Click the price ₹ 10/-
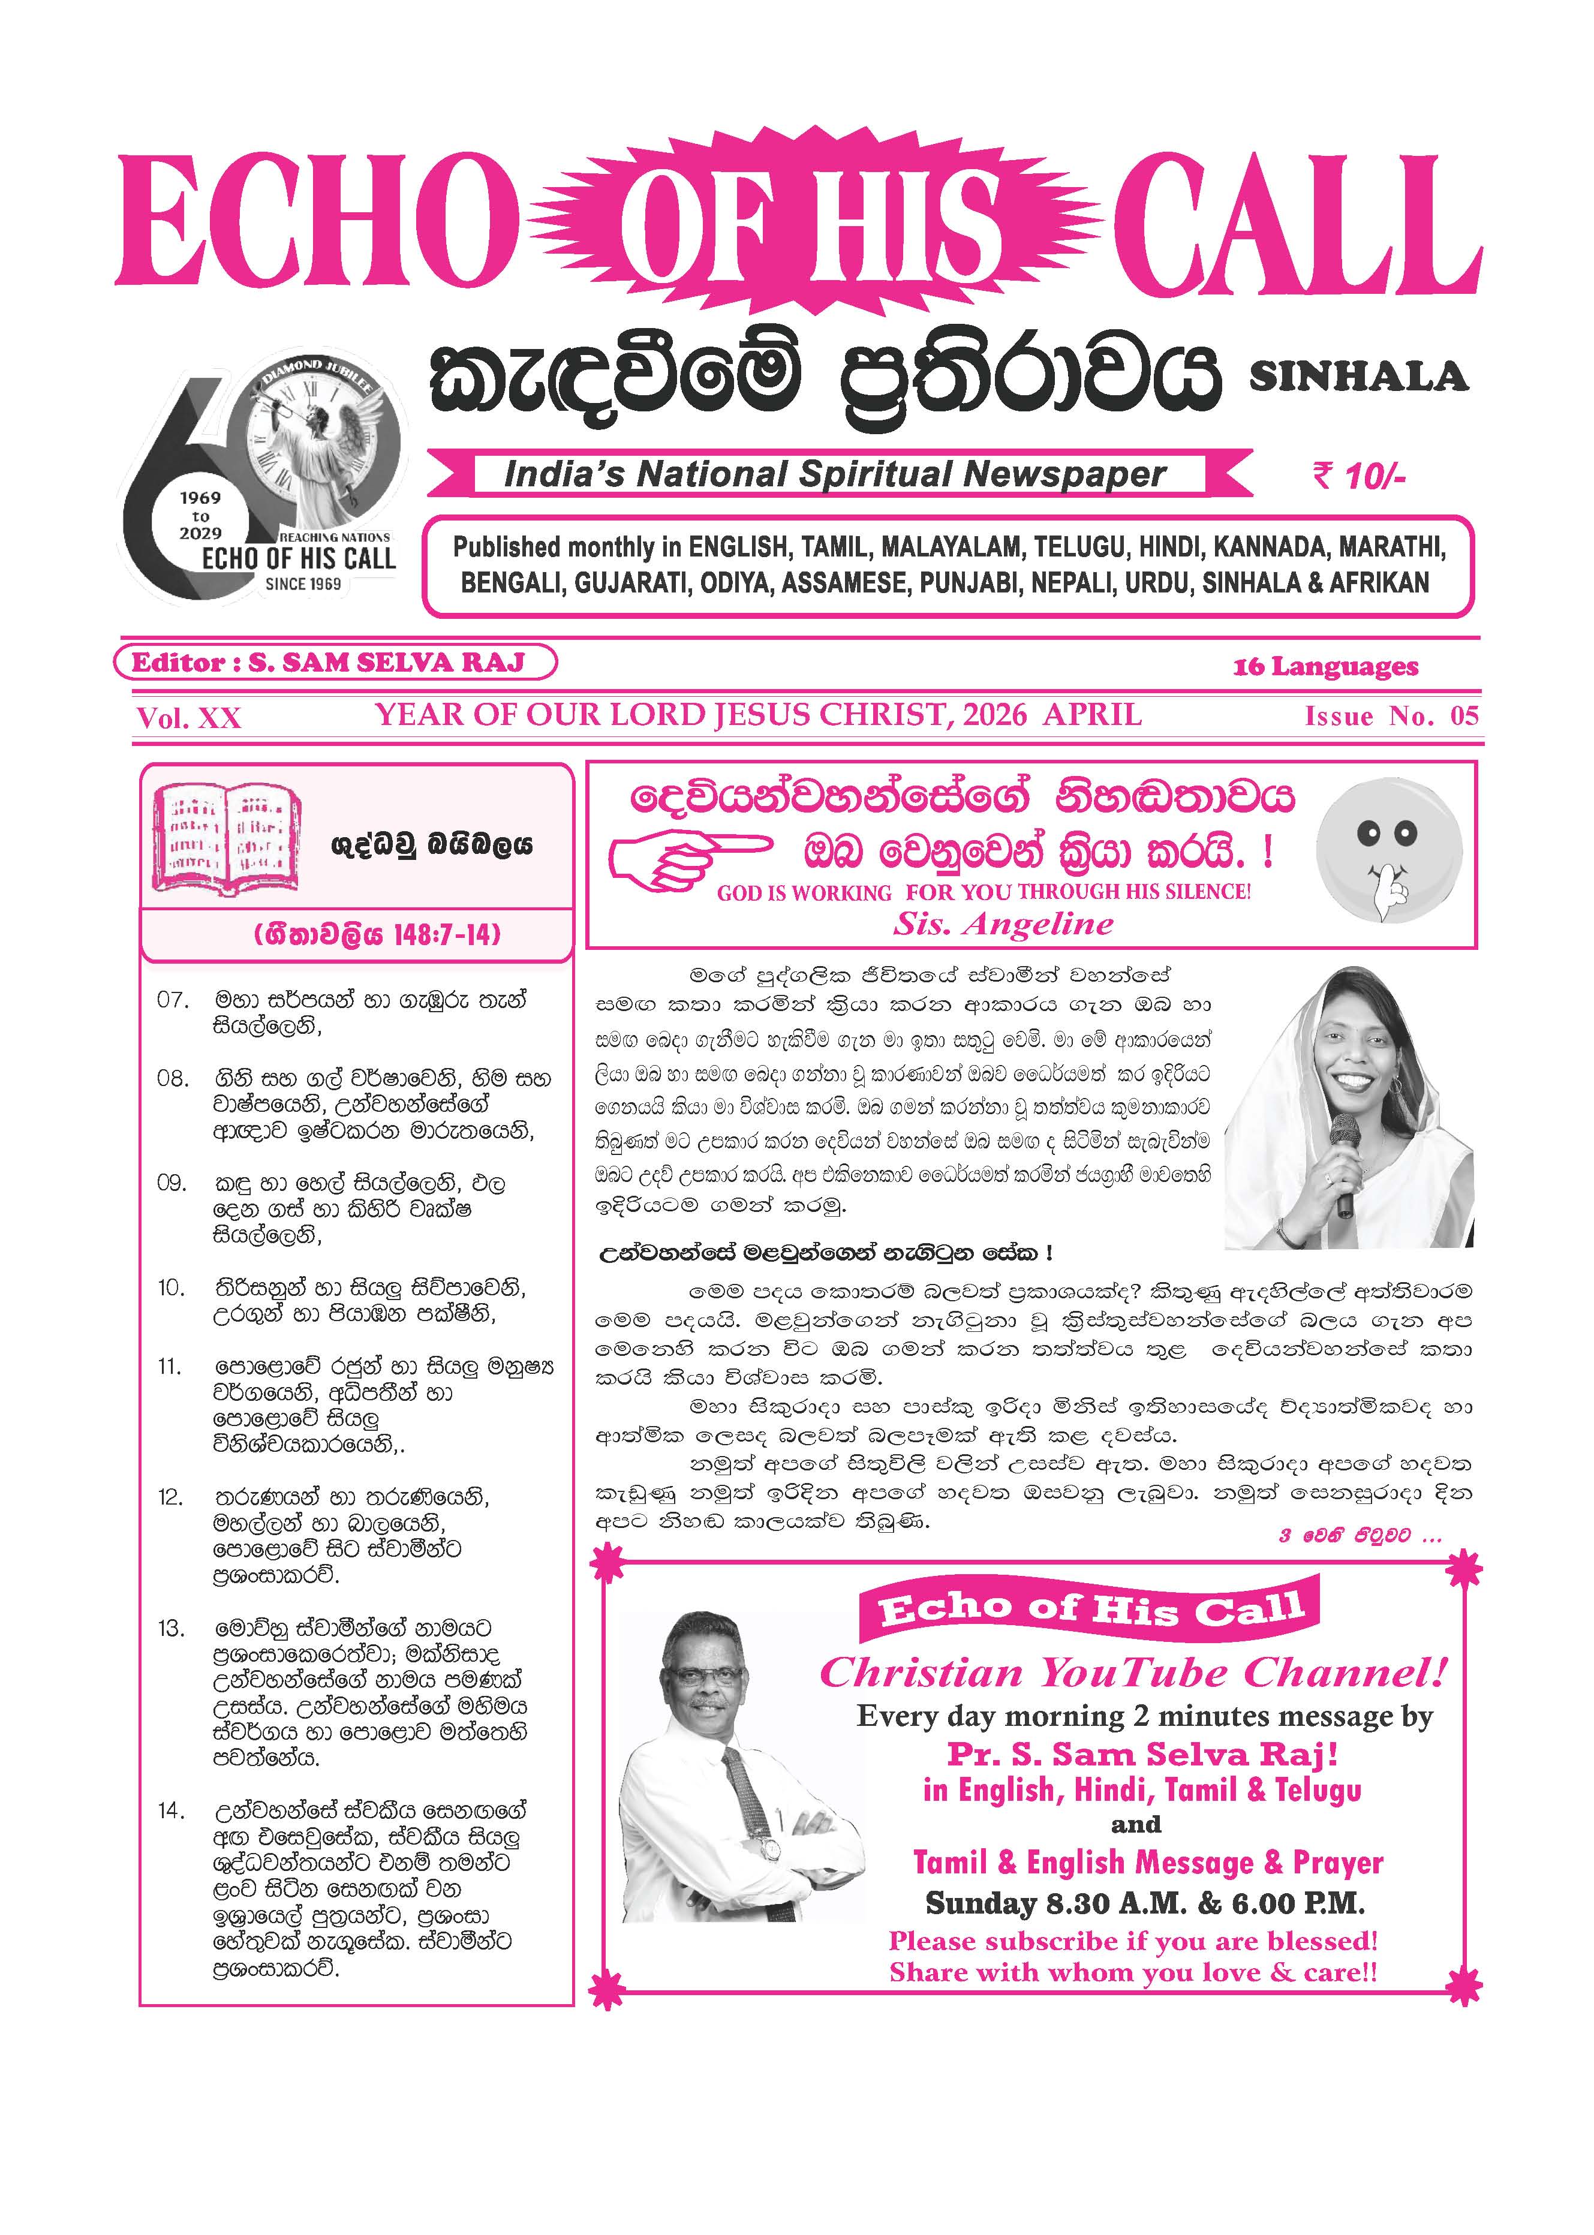tap(1360, 477)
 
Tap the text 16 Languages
tap(1325, 667)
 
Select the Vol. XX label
tap(188, 718)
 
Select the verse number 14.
tap(170, 1811)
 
